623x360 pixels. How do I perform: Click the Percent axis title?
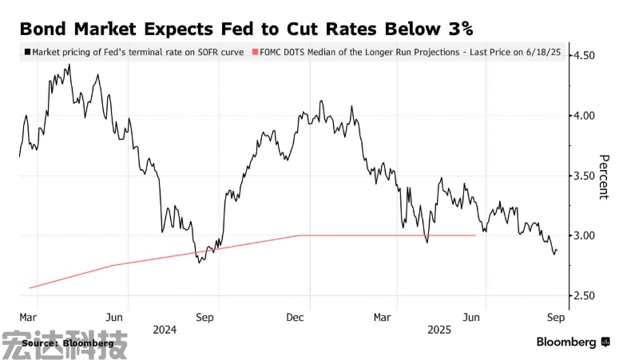point(604,176)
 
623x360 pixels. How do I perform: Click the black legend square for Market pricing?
point(27,51)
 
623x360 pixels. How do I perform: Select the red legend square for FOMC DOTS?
point(255,51)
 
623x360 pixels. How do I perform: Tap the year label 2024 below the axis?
point(164,328)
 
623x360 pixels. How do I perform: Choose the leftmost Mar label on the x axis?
point(29,316)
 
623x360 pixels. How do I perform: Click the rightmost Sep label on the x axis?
point(556,316)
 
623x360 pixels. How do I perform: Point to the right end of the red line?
point(475,235)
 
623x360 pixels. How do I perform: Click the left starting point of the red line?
point(29,287)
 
